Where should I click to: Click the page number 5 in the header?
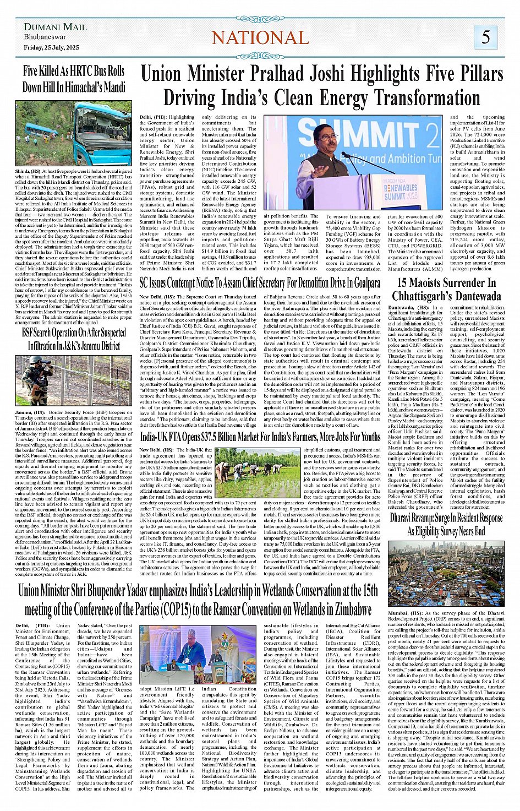point(485,37)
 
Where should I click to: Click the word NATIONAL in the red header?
point(260,37)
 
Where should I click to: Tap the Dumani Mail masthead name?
point(55,27)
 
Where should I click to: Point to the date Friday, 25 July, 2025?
point(51,47)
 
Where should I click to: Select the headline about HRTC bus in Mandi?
point(74,79)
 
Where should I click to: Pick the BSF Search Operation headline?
point(74,339)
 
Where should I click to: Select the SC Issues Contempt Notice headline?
point(260,283)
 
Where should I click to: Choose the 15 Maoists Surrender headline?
point(446,289)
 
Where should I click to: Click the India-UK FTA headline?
point(260,437)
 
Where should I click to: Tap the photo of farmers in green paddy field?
point(257,472)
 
